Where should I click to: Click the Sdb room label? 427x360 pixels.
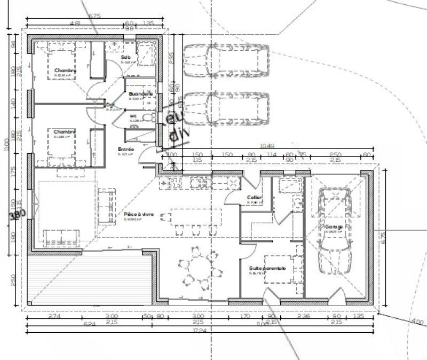(126, 57)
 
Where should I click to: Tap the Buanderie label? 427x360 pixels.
(141, 94)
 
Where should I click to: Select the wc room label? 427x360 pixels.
(133, 116)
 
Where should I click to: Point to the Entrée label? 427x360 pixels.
(126, 149)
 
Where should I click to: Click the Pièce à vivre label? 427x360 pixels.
(138, 214)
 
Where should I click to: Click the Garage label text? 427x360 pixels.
(334, 227)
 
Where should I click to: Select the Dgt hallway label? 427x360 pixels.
(110, 105)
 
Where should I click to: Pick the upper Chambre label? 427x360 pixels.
(65, 71)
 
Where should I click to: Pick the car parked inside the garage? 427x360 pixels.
(334, 231)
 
